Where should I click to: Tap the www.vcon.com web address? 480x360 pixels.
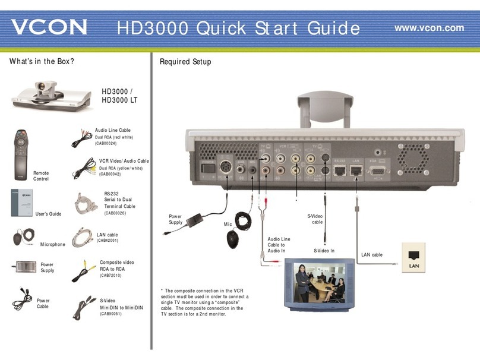pos(429,27)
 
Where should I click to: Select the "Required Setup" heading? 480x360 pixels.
pos(185,62)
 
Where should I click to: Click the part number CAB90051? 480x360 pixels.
pos(111,314)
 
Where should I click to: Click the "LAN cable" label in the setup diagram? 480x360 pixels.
pos(372,255)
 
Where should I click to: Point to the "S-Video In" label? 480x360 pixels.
pos(324,251)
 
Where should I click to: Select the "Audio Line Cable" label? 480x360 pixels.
pos(112,130)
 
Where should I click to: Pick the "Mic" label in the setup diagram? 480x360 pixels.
pos(227,225)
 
